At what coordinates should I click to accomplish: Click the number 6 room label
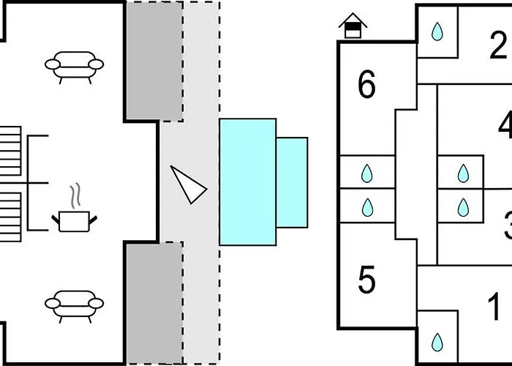click(x=366, y=86)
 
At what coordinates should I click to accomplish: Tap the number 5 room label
click(x=366, y=279)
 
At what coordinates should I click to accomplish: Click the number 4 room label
click(x=505, y=125)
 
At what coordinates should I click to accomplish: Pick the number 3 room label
click(x=507, y=224)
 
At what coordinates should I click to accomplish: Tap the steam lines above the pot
click(x=75, y=196)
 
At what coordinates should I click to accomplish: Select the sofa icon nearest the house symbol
click(x=74, y=64)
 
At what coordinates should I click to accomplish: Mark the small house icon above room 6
click(x=353, y=28)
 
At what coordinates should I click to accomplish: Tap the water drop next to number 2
click(x=437, y=32)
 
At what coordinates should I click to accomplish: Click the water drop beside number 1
click(x=437, y=341)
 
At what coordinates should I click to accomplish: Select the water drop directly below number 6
click(x=367, y=173)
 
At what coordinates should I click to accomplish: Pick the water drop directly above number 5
click(x=367, y=208)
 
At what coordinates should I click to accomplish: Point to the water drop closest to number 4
click(x=462, y=173)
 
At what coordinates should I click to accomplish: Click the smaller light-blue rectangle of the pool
click(x=293, y=182)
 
